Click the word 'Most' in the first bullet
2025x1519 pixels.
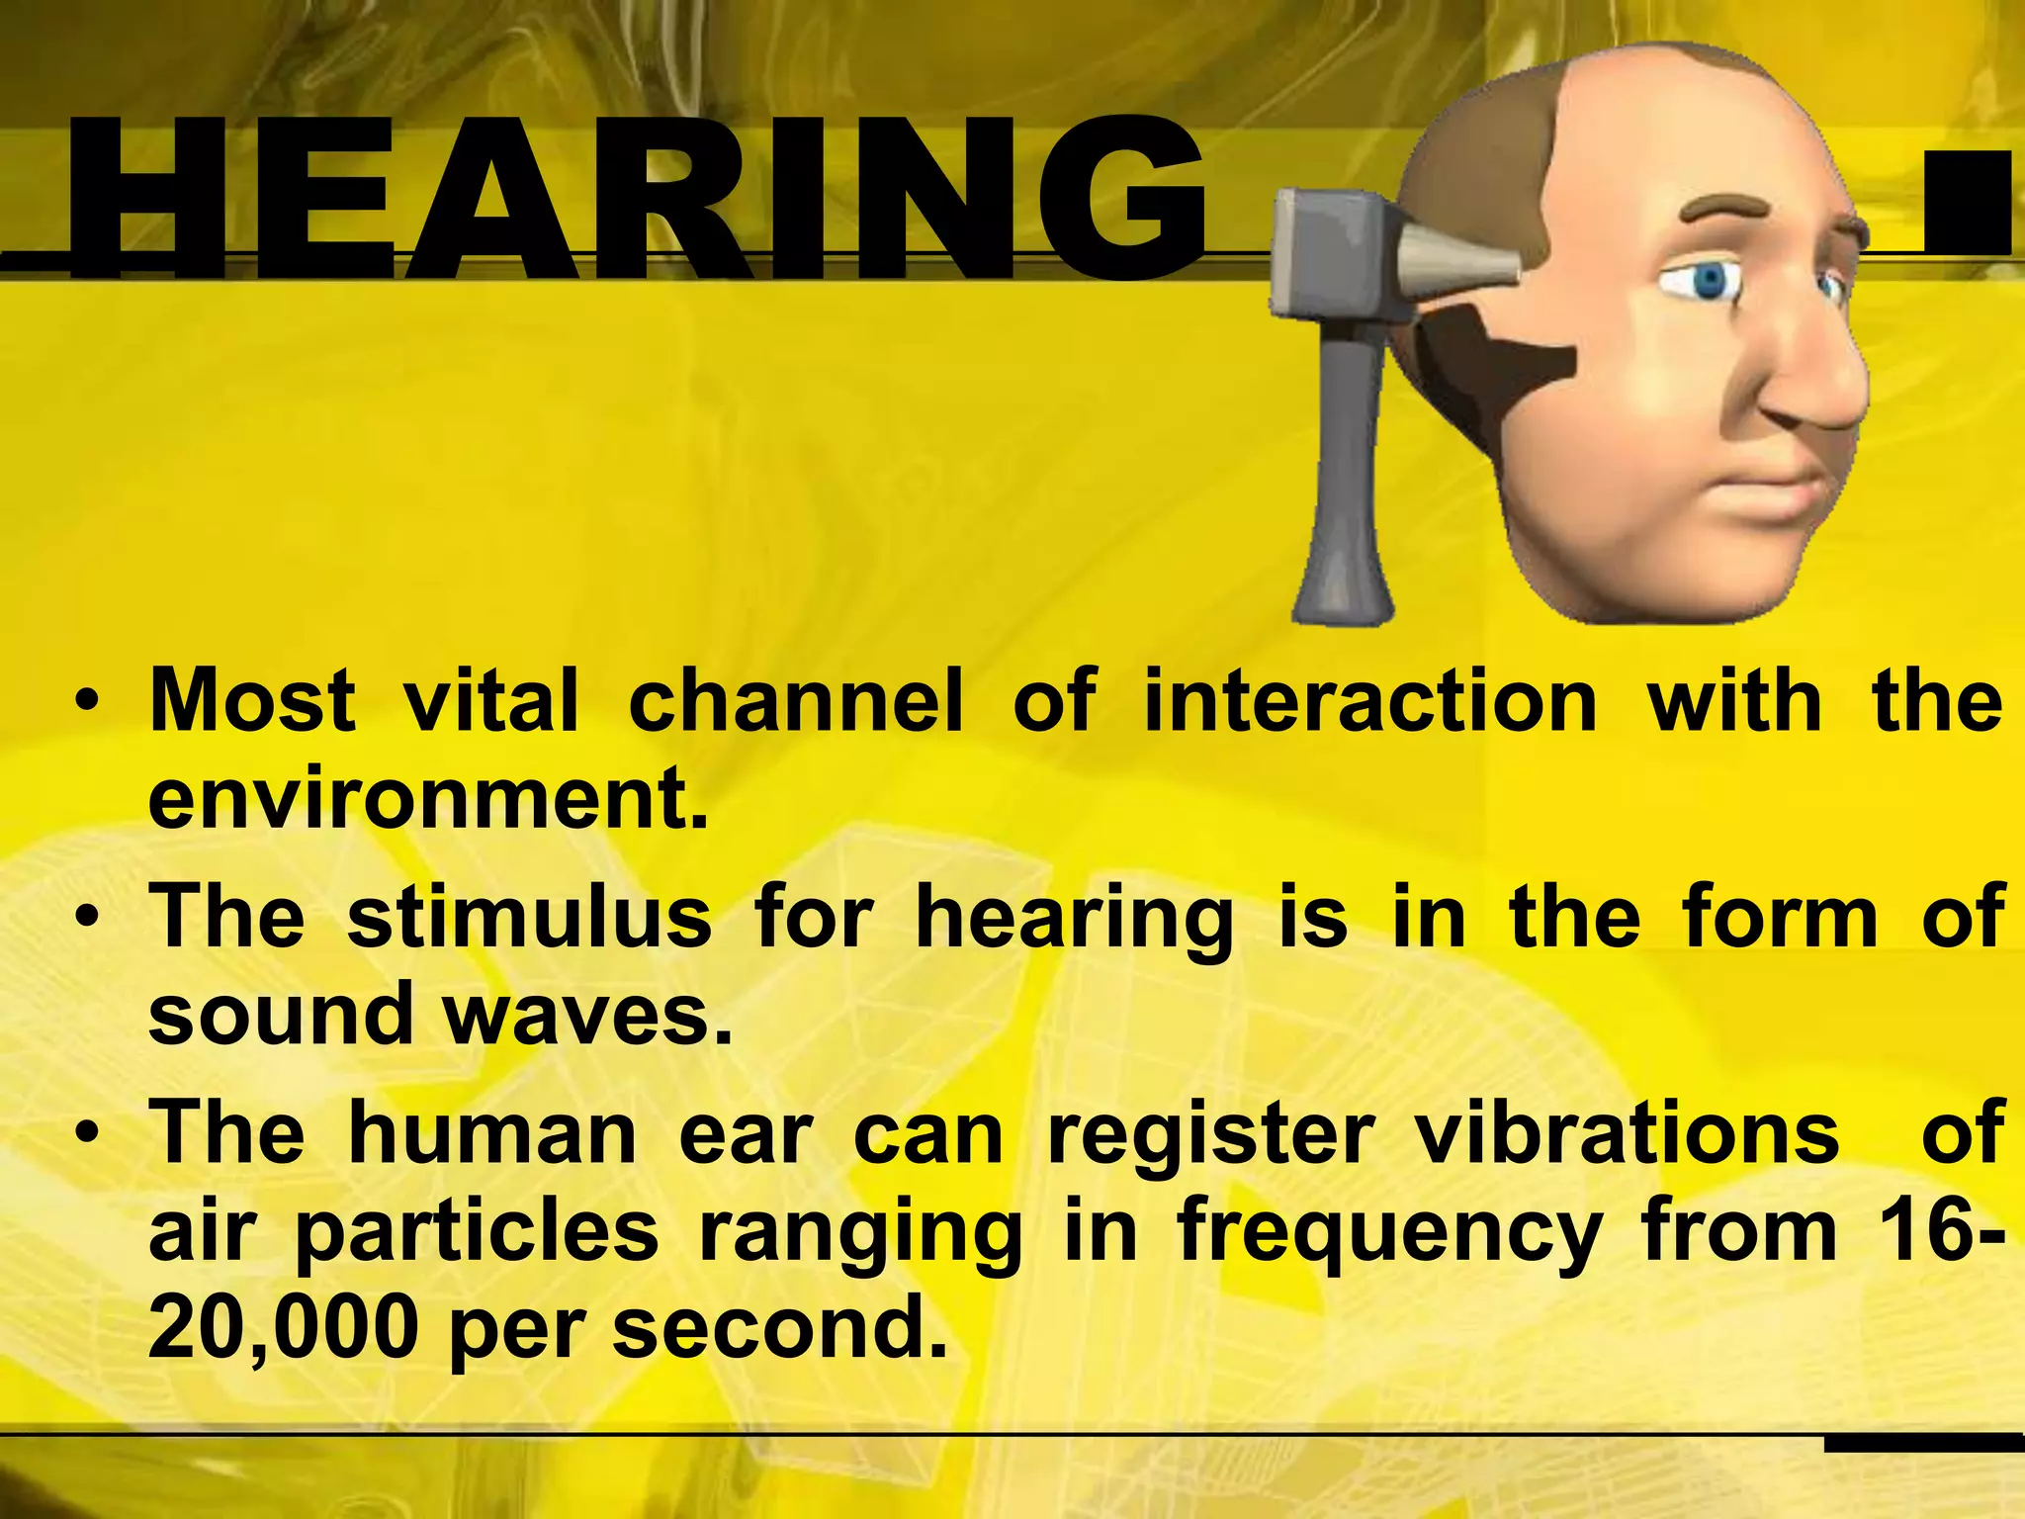252,700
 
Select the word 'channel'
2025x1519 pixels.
795,700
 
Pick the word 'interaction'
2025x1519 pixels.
1370,700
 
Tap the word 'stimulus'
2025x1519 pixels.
529,917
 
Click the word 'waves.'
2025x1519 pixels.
588,1016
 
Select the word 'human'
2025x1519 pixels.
492,1133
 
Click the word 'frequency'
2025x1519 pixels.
1389,1234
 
